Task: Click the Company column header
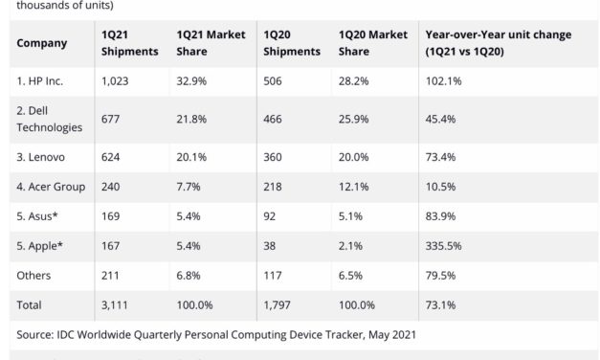(42, 43)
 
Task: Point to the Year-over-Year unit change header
(498, 43)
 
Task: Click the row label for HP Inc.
(45, 82)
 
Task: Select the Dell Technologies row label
(50, 117)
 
